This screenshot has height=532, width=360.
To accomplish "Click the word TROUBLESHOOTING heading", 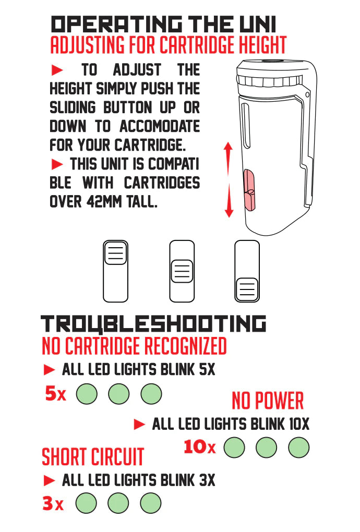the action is tap(153, 324).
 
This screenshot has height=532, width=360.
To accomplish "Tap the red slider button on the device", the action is tap(249, 190).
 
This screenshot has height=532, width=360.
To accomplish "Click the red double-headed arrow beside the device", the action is tap(229, 180).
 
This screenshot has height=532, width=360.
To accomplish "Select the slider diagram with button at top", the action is tap(115, 271).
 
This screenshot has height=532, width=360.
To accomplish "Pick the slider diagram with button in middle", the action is tap(182, 271).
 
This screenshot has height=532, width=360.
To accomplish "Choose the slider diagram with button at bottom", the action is tap(247, 271).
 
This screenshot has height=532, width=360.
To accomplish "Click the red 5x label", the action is tap(55, 394).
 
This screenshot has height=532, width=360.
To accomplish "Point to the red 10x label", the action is tap(199, 447).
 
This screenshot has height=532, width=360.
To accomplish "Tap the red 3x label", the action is tap(53, 503).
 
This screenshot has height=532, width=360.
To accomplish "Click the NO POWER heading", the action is tap(268, 401).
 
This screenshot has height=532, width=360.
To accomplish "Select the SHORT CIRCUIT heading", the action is tap(93, 457).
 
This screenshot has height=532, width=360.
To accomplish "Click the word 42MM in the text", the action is tap(104, 202).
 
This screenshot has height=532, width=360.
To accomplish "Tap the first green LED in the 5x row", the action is tap(87, 394).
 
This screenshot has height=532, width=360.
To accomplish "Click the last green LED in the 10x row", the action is tap(298, 448).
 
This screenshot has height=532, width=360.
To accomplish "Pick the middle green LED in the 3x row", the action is tap(118, 503).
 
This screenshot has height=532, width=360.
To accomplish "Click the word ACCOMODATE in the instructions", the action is tap(160, 127).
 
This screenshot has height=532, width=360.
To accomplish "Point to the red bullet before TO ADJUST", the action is tap(57, 70).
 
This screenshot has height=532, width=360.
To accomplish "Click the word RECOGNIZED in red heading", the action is tap(186, 346).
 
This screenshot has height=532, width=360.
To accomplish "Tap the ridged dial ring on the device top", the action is tap(270, 81).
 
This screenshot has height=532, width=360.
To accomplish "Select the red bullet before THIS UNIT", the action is tap(57, 164).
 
